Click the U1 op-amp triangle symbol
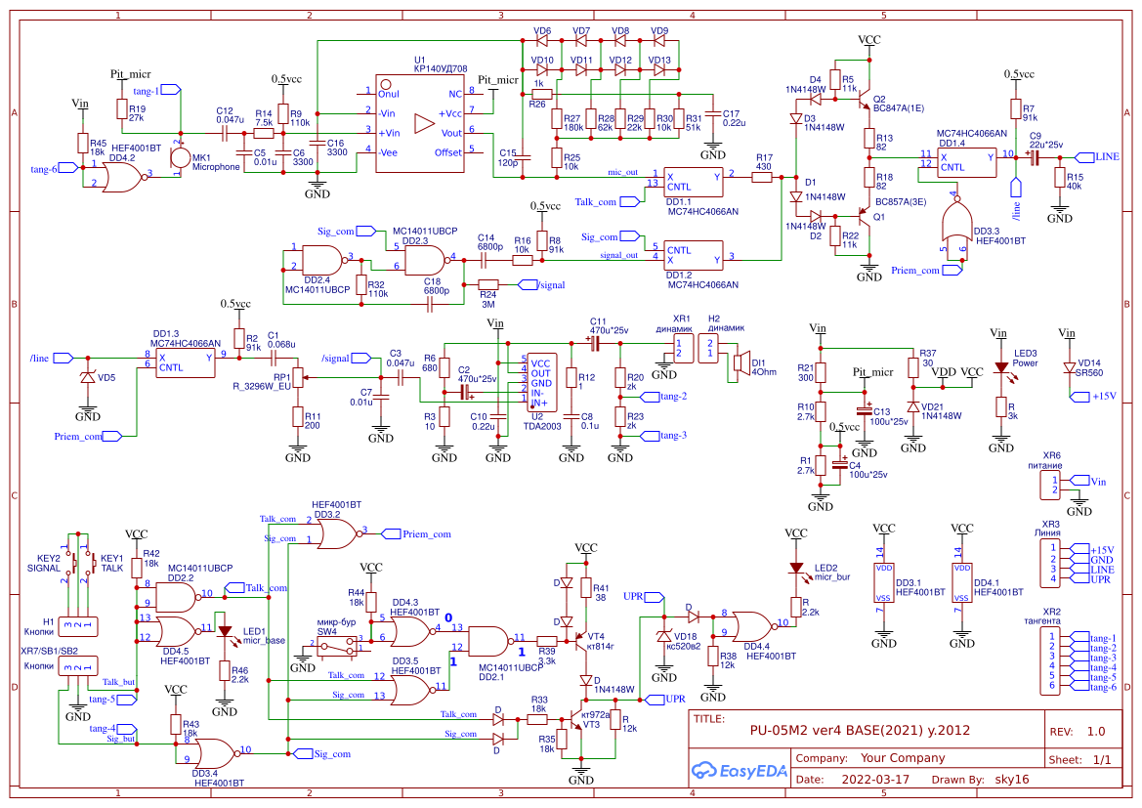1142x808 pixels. (423, 123)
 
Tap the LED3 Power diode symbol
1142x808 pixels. (1000, 369)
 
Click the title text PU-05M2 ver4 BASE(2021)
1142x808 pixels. (860, 730)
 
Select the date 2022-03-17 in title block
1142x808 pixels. (874, 780)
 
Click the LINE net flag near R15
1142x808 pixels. (1104, 156)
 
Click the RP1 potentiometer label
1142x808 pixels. (283, 377)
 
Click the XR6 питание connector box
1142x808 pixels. (1049, 486)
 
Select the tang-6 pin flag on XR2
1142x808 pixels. (1100, 687)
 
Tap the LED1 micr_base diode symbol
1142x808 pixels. (224, 632)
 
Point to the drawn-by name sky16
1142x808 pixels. (1010, 780)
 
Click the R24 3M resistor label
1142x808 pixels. (487, 298)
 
